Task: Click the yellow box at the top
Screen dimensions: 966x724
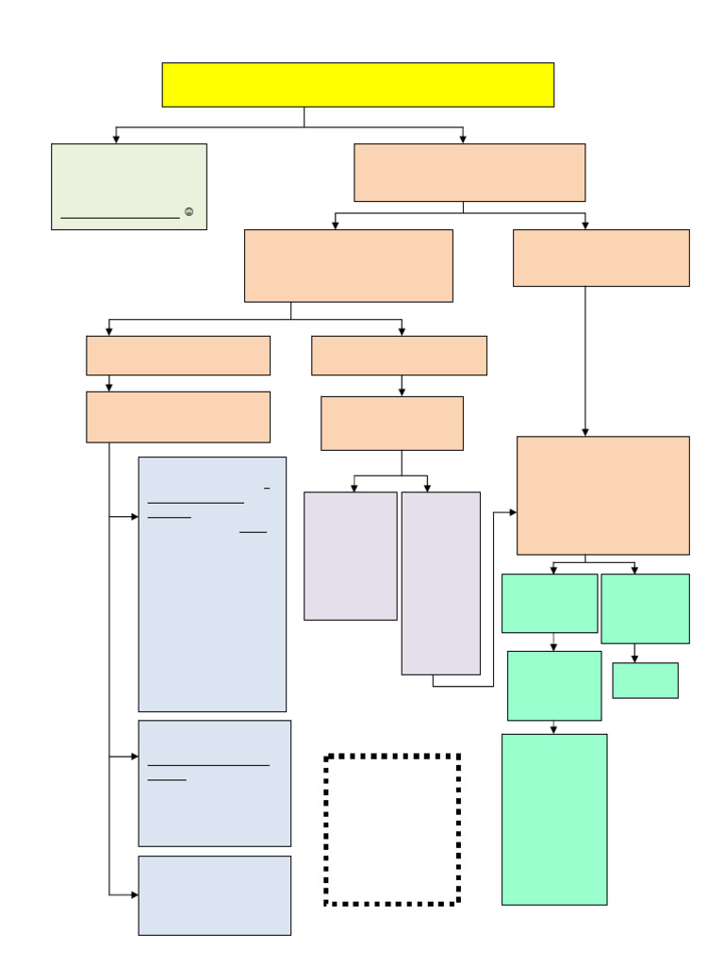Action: tap(357, 85)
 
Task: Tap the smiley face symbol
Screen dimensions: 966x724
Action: tap(189, 212)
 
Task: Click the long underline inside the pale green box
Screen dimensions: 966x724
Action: tap(120, 218)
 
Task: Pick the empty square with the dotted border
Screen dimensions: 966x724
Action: tap(392, 829)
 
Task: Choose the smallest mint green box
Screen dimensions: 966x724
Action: tap(645, 680)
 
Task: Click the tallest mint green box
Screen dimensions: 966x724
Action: tap(554, 819)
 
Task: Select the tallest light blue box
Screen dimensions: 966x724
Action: tap(212, 584)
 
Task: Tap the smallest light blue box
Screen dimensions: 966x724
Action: tap(214, 895)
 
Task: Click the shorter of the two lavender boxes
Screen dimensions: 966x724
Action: tap(350, 556)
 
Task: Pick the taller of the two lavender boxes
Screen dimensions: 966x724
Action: tap(440, 583)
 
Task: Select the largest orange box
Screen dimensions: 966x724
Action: tap(602, 495)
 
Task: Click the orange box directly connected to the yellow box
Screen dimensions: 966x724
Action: tap(469, 173)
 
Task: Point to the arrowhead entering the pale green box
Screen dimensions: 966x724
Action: tap(116, 139)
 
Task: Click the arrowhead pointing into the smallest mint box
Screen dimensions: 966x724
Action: tap(634, 658)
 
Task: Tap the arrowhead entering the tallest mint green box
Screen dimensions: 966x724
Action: tap(553, 729)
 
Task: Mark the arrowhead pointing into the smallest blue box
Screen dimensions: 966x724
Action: tap(134, 894)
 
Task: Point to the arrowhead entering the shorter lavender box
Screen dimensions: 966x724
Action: tap(354, 488)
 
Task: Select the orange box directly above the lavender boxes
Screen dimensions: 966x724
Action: tap(391, 423)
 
